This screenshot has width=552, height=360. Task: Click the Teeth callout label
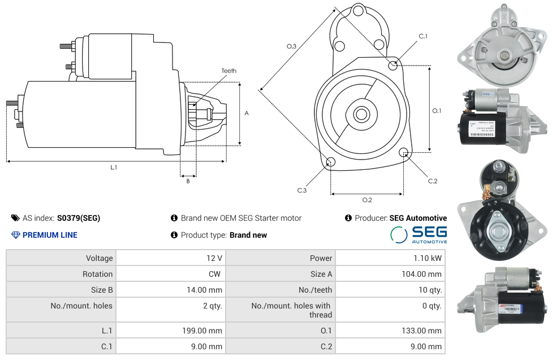pos(229,71)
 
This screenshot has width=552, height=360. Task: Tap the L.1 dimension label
pos(114,167)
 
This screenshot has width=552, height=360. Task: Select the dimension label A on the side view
pos(246,113)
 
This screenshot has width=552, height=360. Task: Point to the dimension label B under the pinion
pos(188,181)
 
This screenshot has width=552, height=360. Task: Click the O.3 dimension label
pos(291,46)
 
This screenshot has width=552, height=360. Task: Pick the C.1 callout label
pos(423,36)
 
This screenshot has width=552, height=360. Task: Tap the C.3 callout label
pos(302,191)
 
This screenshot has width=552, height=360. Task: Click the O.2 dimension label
pos(366,200)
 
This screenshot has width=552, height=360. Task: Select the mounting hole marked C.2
pos(404,152)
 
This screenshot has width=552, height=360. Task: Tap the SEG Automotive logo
pos(419,235)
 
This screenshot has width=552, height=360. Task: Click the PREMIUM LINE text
pos(50,235)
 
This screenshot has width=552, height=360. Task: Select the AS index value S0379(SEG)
pos(79,218)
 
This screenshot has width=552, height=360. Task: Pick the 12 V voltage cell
pos(214,258)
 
